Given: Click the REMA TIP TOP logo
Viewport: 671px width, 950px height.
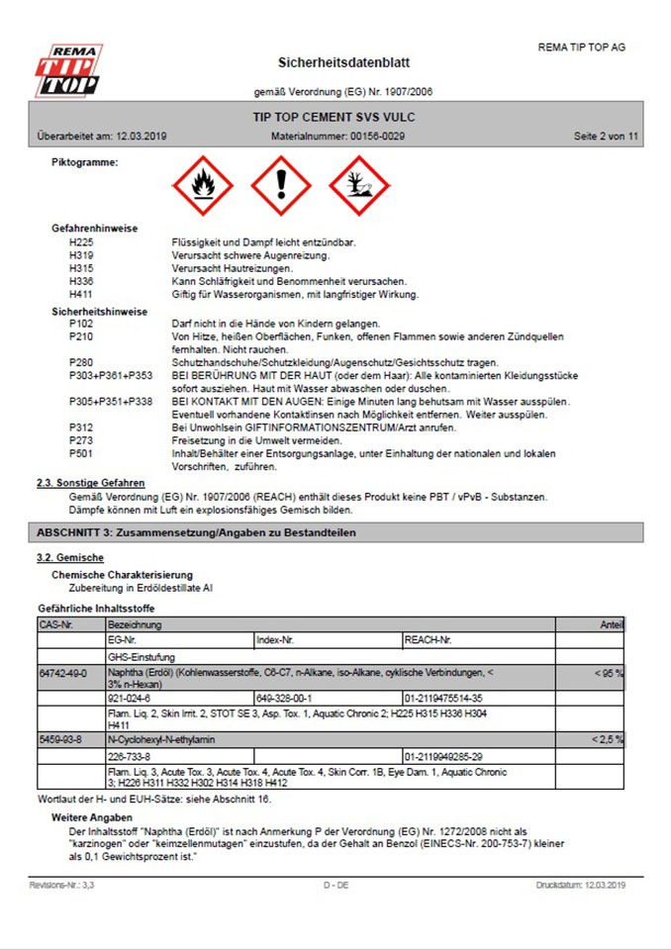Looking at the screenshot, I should click(x=68, y=70).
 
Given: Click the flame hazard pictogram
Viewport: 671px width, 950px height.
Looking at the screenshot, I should click(x=203, y=185).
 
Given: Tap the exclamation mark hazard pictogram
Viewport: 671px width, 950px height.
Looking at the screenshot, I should click(x=281, y=185).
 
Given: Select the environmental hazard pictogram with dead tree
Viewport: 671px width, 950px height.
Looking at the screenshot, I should click(x=359, y=185).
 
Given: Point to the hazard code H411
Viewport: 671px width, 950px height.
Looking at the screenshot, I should click(x=82, y=294).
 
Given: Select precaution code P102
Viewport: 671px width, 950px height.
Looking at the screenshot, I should click(x=82, y=325).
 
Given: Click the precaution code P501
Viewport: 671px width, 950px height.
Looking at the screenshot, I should click(x=82, y=453).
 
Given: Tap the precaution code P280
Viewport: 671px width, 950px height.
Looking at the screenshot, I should click(x=82, y=363).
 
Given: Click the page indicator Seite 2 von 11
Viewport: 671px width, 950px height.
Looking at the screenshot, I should click(x=606, y=136).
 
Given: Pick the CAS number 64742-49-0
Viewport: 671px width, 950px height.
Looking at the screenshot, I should click(x=62, y=673).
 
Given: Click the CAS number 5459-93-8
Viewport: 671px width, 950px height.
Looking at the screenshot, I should click(x=60, y=739).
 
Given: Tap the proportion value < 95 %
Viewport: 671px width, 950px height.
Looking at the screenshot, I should click(x=608, y=673).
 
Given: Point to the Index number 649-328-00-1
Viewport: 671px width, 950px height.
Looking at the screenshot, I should click(x=284, y=698).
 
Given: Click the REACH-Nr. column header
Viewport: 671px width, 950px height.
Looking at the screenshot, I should click(x=430, y=640).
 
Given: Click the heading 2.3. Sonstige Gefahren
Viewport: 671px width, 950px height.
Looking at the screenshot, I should click(x=90, y=483).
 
